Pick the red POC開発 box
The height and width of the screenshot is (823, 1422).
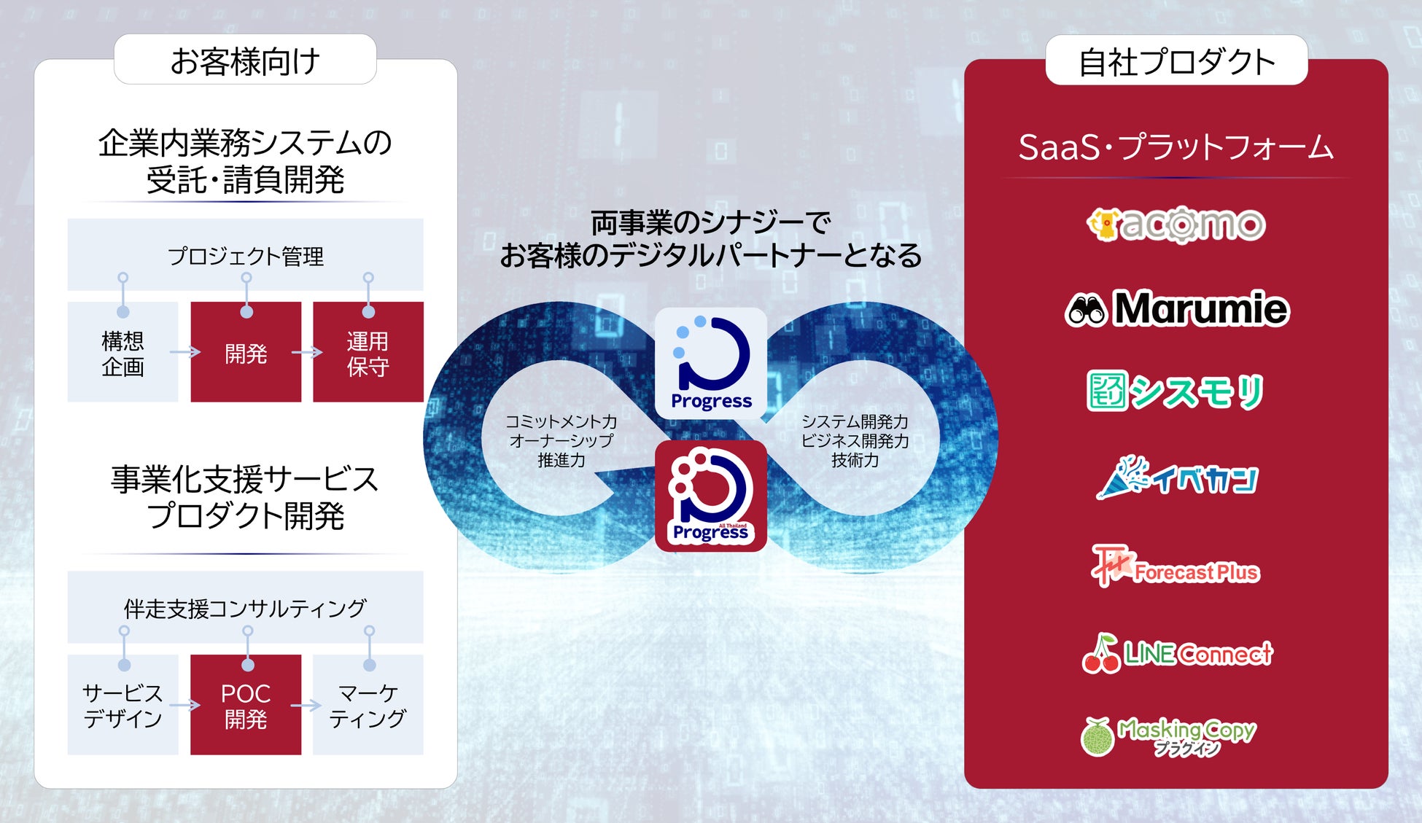246,706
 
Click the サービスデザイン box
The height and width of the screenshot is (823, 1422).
123,706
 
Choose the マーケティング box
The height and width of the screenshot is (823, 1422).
368,706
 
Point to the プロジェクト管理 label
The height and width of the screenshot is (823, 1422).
246,256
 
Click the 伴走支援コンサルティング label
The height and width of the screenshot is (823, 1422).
246,608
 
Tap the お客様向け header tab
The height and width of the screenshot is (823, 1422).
245,61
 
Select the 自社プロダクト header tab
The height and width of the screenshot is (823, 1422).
1176,61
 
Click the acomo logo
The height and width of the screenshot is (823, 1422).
1176,225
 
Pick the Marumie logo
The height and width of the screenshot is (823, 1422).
1177,309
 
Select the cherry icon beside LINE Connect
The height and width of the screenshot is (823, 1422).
1100,654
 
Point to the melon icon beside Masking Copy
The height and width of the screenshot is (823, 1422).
1097,737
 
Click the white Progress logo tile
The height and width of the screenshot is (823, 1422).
711,363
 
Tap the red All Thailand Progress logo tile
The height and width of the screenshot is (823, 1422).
711,496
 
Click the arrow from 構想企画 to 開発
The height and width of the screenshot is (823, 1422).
184,353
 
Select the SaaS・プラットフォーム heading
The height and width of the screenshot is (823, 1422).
1176,147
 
